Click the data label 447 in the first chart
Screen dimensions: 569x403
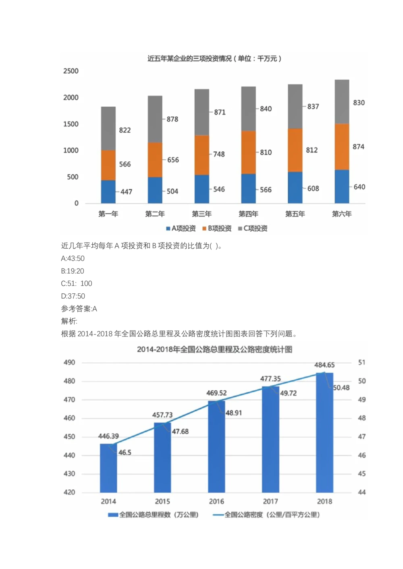coord(126,192)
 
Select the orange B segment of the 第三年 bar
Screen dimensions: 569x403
coord(201,155)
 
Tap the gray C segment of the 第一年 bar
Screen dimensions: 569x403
coord(108,128)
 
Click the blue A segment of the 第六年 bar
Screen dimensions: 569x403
coord(342,187)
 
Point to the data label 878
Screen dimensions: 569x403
coord(172,120)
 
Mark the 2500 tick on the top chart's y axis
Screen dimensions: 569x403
coord(71,71)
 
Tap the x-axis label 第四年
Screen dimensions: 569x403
coord(248,214)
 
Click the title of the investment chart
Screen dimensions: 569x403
coord(214,59)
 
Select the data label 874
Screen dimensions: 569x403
coord(358,147)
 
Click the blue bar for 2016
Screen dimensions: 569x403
coord(216,447)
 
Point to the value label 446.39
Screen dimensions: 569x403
coord(108,436)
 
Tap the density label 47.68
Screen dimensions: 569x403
coord(180,431)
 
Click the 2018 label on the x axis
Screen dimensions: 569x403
coord(324,501)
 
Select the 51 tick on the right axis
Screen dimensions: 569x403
coord(361,363)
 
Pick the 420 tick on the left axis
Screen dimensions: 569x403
coord(69,492)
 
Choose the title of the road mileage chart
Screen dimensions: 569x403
coord(214,349)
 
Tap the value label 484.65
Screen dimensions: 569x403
coord(324,365)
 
